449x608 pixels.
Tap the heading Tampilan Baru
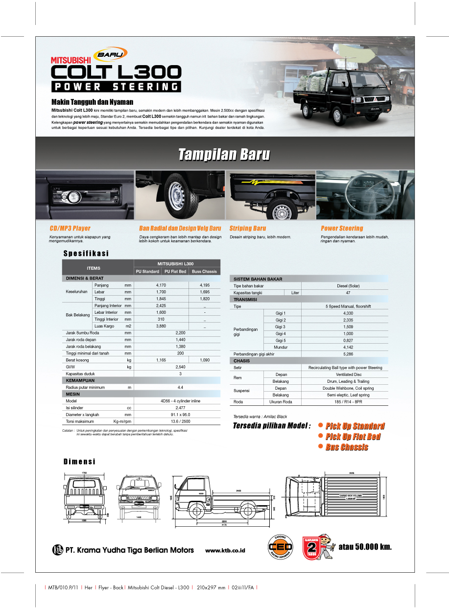coord(224,155)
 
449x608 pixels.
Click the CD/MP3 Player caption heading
coord(70,228)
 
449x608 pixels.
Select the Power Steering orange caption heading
coord(342,228)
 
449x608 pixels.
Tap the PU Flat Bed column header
coord(175,271)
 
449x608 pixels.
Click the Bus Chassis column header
coord(204,271)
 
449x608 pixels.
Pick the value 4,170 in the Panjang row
coord(161,285)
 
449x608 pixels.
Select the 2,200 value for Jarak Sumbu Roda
coord(180,333)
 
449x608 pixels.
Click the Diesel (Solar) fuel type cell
coord(345,286)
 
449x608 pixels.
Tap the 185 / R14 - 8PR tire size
coord(345,402)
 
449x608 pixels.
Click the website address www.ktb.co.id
coord(225,550)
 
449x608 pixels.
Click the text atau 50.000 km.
coord(365,546)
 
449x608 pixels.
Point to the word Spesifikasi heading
coord(86,254)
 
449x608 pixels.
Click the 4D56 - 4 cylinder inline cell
coord(180,400)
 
